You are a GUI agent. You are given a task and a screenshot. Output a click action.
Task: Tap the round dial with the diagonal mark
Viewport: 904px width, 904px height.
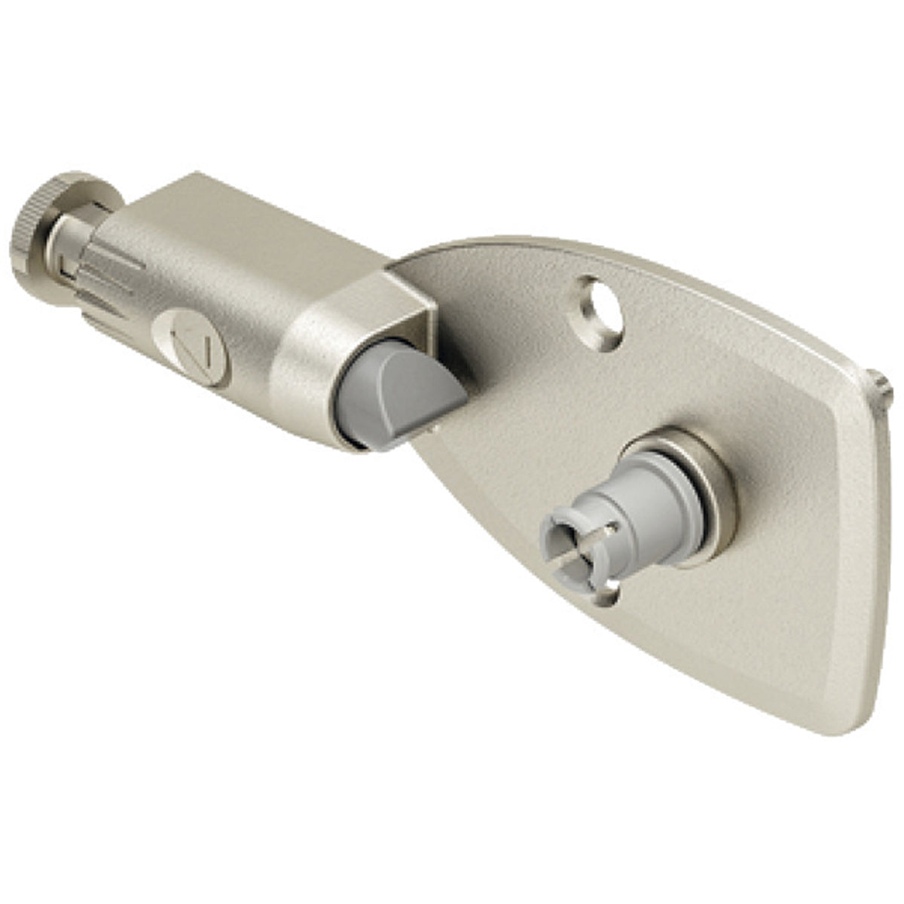(191, 347)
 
